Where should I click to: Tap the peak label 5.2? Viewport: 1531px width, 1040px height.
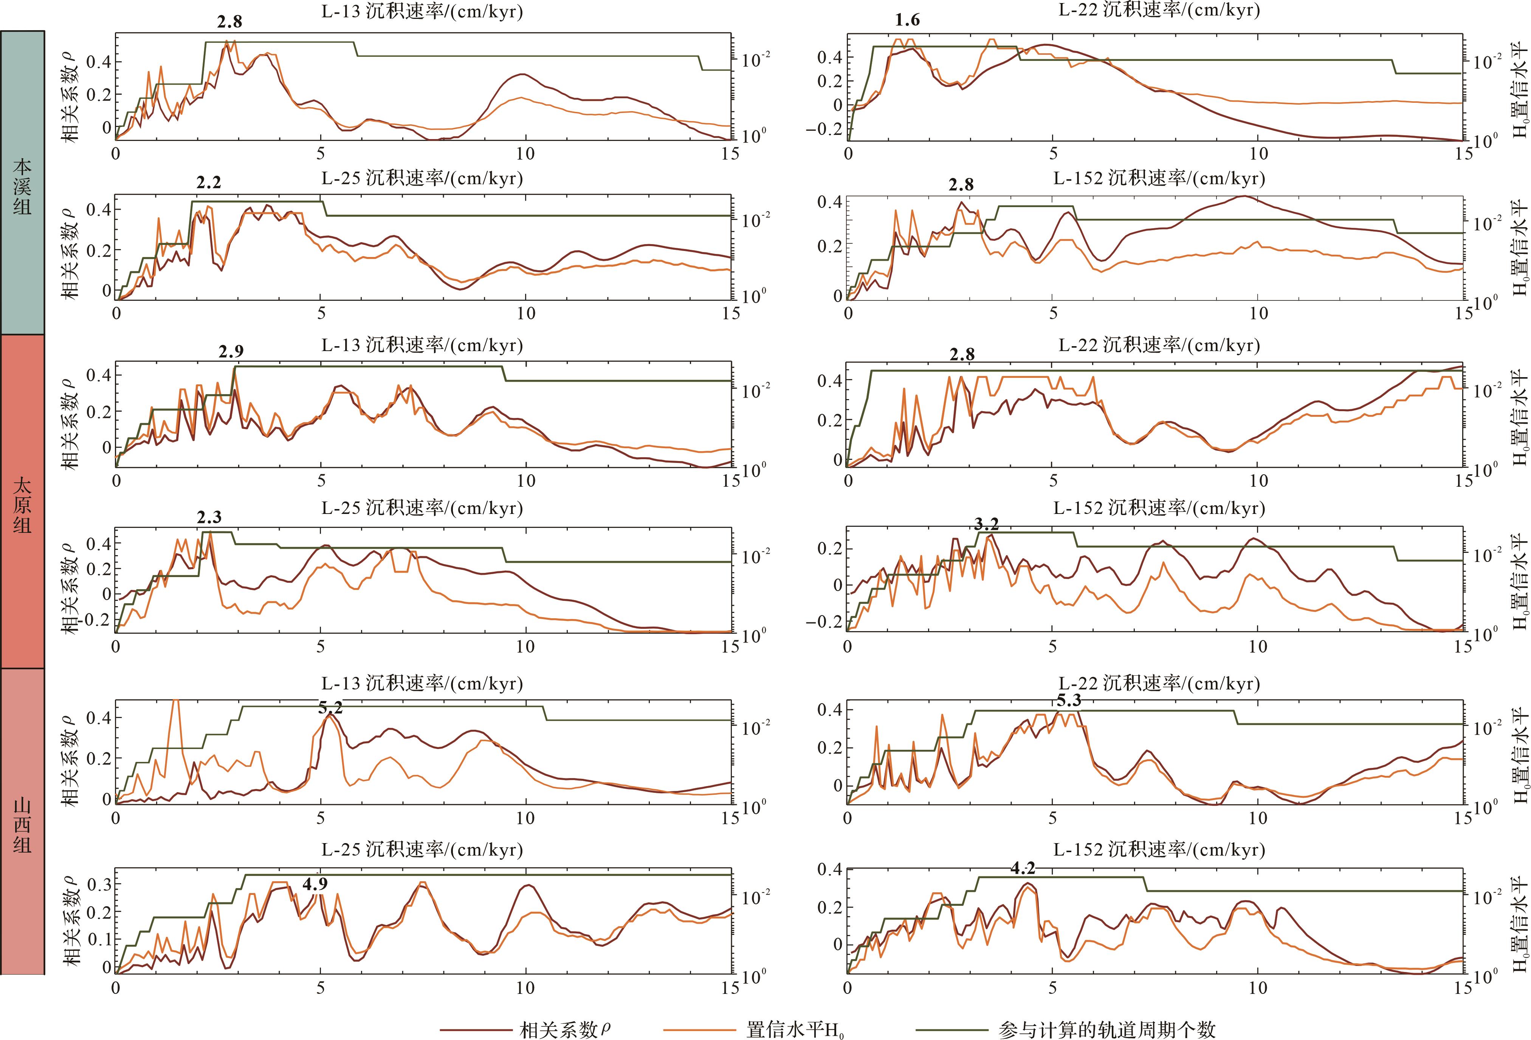(330, 708)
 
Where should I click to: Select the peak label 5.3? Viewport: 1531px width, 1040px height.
(1069, 701)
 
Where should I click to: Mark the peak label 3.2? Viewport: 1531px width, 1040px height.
(986, 524)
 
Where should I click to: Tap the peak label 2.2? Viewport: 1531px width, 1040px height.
(209, 183)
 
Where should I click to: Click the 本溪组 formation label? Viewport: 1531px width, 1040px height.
(22, 186)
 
